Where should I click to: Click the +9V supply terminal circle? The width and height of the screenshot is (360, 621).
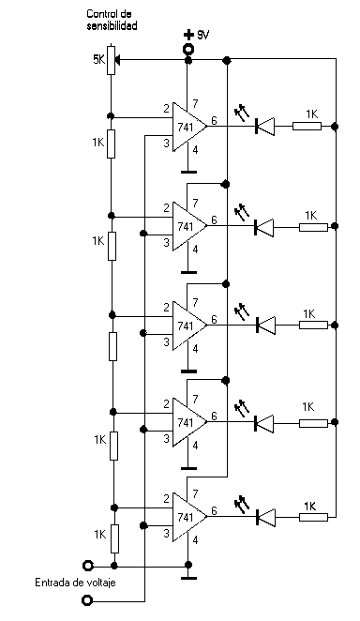point(188,50)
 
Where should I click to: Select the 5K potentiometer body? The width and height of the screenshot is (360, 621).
point(112,60)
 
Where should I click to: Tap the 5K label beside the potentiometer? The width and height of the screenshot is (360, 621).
point(98,60)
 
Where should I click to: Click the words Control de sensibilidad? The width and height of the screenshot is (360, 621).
point(112,21)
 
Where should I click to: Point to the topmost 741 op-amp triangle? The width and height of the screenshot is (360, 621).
point(189,127)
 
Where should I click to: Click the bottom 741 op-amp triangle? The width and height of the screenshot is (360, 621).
point(189,517)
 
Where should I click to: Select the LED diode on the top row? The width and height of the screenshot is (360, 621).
point(265,127)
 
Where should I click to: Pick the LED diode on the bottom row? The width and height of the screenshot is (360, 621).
point(265,517)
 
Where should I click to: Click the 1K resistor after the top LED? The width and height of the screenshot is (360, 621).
point(307,127)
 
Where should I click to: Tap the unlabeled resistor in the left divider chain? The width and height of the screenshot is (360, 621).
point(112,346)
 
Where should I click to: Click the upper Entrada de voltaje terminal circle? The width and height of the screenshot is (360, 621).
point(87,565)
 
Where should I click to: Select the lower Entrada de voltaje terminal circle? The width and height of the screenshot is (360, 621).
point(87,600)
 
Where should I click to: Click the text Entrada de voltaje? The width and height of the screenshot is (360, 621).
point(76,583)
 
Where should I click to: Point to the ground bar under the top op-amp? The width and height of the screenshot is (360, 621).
point(188,172)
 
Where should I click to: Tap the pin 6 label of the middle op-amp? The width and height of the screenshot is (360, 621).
point(214,319)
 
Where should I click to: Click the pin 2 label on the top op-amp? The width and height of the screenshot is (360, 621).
point(167,108)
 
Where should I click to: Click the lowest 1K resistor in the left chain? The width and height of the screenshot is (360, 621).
point(114,538)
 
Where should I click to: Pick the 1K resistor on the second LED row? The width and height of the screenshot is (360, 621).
point(313,227)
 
